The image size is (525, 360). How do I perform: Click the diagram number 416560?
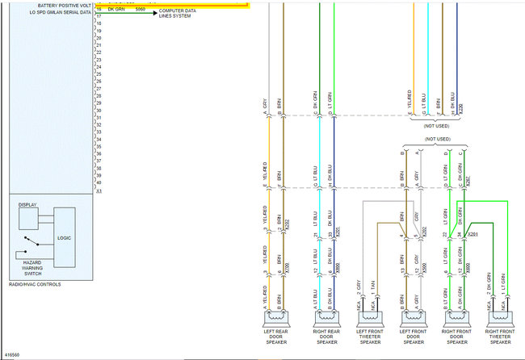[13, 354]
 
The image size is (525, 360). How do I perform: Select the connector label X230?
[461, 107]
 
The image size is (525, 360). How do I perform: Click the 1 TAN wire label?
[372, 286]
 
